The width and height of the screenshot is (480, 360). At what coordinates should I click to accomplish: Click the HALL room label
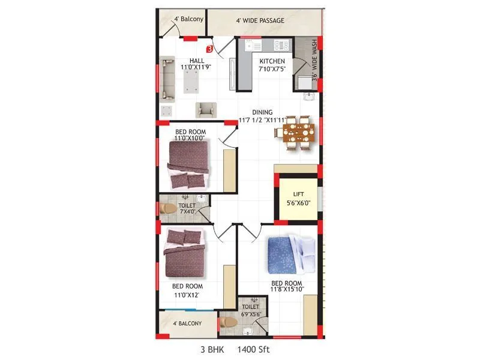coord(197,61)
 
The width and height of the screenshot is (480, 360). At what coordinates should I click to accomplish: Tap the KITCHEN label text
coord(272,61)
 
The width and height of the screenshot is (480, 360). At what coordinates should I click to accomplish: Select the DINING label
coord(262,112)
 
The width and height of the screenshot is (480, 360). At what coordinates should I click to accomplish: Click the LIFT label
coord(299,194)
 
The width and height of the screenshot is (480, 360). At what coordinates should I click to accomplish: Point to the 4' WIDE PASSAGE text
coord(260,21)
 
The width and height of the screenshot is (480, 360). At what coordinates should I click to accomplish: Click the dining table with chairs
coord(298,133)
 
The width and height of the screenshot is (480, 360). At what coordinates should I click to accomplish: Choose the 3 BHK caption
coord(211,349)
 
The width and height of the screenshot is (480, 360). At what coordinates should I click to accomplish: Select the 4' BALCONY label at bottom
coord(187,323)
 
